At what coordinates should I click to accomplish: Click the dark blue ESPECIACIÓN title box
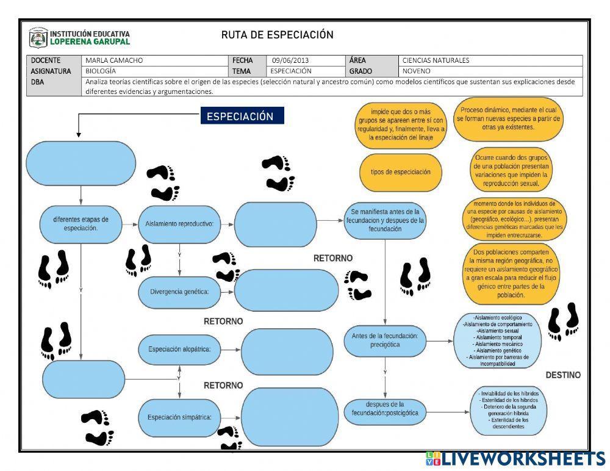click(x=242, y=117)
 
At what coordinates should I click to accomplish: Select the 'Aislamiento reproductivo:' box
click(x=179, y=224)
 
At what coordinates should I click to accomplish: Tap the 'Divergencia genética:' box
click(x=179, y=291)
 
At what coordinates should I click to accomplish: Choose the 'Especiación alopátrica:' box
click(x=179, y=350)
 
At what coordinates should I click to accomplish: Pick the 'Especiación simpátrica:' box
click(x=179, y=418)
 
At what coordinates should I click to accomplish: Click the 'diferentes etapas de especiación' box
click(x=81, y=223)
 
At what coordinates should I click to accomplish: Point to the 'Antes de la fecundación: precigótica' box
click(x=384, y=340)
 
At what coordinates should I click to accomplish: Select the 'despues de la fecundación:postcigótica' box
click(x=384, y=409)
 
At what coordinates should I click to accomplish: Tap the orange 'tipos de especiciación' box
click(x=400, y=171)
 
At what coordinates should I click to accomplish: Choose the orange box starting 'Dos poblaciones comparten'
click(x=511, y=273)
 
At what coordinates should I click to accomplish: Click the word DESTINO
click(x=562, y=375)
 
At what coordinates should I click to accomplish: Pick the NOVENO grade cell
click(x=417, y=71)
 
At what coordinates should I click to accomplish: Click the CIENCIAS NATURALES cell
click(x=436, y=60)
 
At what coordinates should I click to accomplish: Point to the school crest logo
click(x=38, y=38)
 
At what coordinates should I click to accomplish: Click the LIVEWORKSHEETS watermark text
click(x=522, y=458)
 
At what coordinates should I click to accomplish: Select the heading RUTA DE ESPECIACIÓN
click(x=278, y=35)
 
